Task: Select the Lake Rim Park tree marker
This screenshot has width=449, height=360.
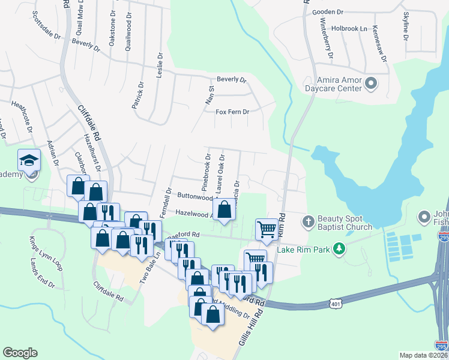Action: [x=339, y=248]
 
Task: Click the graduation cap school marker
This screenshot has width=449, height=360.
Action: [x=28, y=161]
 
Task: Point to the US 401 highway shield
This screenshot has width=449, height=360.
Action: [x=336, y=305]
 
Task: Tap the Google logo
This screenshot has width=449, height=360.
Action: [x=20, y=353]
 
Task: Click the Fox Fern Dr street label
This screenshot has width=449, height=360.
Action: [x=232, y=112]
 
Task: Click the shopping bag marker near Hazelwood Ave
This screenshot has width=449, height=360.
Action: [x=224, y=210]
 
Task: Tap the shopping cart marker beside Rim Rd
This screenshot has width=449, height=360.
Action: [x=267, y=229]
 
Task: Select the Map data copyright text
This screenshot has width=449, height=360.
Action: [x=423, y=355]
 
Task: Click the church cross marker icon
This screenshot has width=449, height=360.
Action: [x=308, y=222]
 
